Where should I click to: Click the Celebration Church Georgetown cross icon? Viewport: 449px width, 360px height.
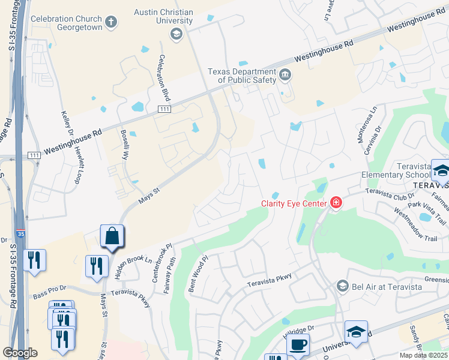110,23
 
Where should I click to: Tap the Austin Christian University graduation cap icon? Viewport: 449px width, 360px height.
176,34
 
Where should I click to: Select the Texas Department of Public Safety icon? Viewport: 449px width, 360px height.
285,76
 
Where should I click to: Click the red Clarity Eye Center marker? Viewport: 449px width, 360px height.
336,203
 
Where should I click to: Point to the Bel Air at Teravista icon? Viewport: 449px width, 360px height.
343,286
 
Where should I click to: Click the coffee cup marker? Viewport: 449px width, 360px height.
297,344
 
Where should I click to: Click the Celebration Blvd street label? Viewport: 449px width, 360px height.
161,79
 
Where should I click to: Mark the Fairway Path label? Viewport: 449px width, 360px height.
171,275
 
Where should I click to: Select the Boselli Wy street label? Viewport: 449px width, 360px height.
125,144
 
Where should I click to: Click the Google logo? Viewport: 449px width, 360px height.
20,353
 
